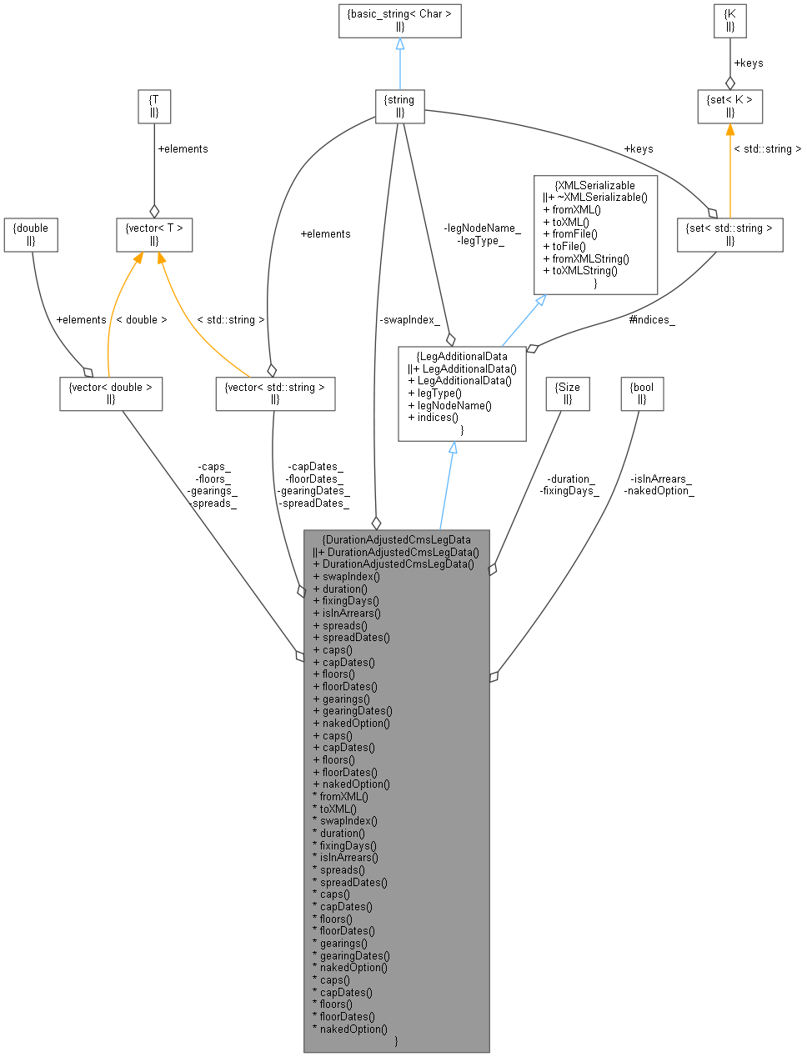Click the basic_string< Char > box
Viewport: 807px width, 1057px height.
(399, 20)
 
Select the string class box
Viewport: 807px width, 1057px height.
(399, 106)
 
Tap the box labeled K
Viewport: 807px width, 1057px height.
(730, 20)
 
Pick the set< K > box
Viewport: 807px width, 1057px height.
(729, 106)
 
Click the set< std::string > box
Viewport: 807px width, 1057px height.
(729, 234)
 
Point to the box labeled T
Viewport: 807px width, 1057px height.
(154, 106)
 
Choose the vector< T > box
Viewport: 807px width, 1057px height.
(154, 234)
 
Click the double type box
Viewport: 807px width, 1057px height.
(31, 234)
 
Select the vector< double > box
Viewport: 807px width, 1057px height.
(111, 393)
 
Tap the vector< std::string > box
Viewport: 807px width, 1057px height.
(275, 393)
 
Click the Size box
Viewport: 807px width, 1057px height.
(567, 393)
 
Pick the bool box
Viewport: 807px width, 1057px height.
(642, 393)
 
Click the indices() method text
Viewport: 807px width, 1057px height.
(434, 418)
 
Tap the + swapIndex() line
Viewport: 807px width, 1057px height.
(347, 576)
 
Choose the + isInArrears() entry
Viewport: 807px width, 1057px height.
(348, 613)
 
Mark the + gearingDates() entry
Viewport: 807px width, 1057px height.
(353, 711)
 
